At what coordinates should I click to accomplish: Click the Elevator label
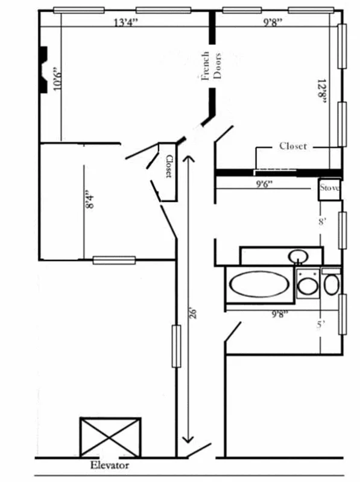click(110, 465)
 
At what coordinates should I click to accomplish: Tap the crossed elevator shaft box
click(110, 437)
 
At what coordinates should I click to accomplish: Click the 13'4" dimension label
click(126, 23)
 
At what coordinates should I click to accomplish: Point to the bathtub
click(259, 285)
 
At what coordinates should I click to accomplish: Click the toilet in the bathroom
click(331, 284)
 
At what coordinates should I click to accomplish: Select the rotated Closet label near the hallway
click(169, 167)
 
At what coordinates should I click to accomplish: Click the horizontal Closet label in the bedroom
click(293, 146)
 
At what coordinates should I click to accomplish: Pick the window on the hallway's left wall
click(176, 346)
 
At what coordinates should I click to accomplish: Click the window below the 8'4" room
click(113, 260)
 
